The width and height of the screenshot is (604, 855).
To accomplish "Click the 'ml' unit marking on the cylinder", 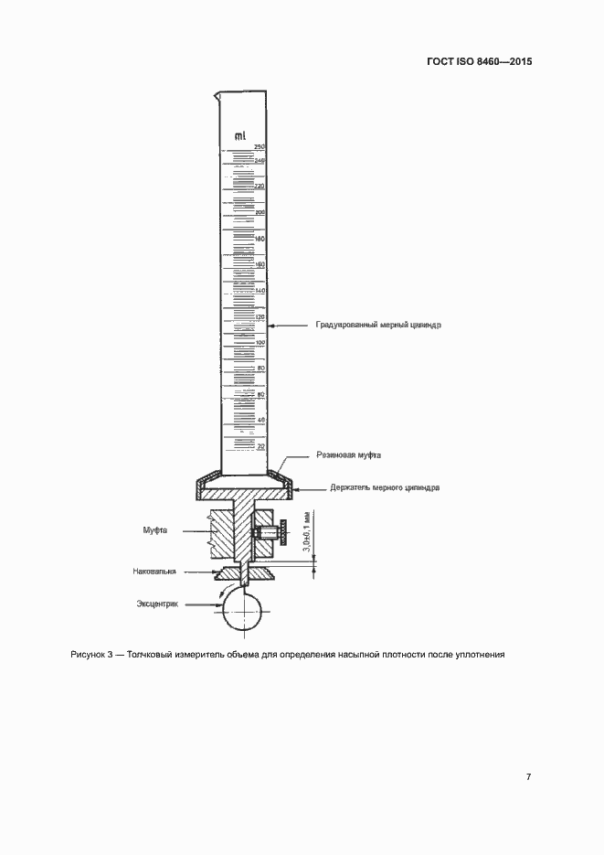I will pos(242,136).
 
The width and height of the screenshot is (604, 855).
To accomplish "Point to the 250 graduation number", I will pos(259,147).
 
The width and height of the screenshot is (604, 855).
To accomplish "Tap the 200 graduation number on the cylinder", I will pos(260,212).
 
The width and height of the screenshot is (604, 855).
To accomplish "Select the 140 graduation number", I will pos(260,290).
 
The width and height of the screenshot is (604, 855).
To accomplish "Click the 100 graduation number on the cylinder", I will pos(260,342).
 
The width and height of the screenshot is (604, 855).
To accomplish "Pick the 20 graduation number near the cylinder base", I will pos(260,446).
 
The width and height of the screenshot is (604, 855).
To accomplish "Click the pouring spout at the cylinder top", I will pos(217,94).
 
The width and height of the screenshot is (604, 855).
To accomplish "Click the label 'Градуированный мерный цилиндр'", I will pos(378,325).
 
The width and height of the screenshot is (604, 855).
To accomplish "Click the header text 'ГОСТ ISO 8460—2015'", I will pos(479,62).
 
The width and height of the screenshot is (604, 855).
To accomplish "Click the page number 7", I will pos(528,777).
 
